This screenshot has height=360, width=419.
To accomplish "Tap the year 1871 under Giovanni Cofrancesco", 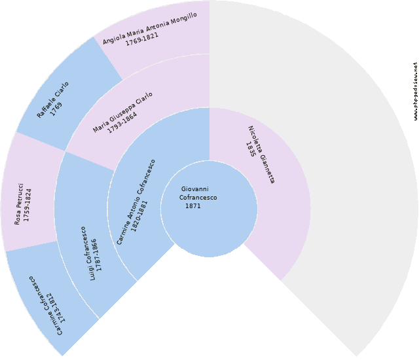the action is click(193, 206).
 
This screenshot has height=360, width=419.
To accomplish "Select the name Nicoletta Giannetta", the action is click(262, 154).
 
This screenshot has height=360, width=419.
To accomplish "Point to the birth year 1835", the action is click(251, 149).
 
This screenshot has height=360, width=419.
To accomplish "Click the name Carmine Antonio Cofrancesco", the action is click(136, 202).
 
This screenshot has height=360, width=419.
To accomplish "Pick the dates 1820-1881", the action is click(139, 216).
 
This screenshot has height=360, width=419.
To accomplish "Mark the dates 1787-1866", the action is click(97, 255).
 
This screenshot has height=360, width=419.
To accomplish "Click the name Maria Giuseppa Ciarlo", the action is click(122, 112).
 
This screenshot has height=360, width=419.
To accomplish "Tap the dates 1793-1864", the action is click(122, 122).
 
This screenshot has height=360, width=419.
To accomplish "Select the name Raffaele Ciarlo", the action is click(52, 100).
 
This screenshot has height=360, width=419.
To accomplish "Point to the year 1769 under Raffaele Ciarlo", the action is click(56, 109).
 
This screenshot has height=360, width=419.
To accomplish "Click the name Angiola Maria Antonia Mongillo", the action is click(150, 28).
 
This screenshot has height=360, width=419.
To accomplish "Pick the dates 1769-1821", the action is click(142, 39).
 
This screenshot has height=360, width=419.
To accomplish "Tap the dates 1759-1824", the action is click(27, 205).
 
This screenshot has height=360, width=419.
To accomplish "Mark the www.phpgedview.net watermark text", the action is click(416, 92).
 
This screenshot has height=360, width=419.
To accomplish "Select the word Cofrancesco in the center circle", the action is click(198, 198).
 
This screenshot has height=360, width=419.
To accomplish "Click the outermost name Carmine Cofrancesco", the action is click(45, 306).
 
